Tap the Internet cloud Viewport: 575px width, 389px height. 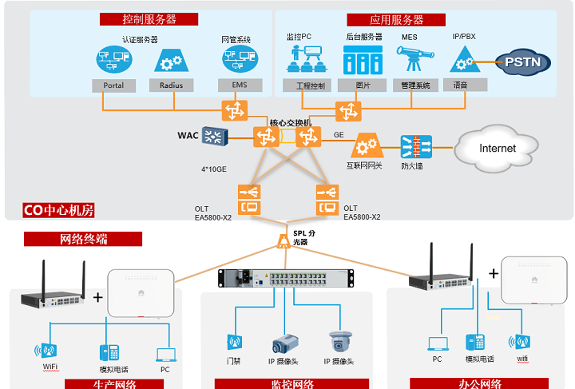497,149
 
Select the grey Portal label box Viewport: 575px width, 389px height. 114,85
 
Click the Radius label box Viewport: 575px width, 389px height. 171,85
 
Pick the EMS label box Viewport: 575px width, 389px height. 239,85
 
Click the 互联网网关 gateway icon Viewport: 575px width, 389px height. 366,146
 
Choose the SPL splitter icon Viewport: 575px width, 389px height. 283,240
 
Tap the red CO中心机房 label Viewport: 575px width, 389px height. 60,211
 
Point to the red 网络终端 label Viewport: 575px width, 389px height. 83,239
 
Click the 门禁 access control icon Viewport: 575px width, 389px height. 234,343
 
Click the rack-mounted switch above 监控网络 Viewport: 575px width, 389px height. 285,278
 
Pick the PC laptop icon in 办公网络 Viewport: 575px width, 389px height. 438,343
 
